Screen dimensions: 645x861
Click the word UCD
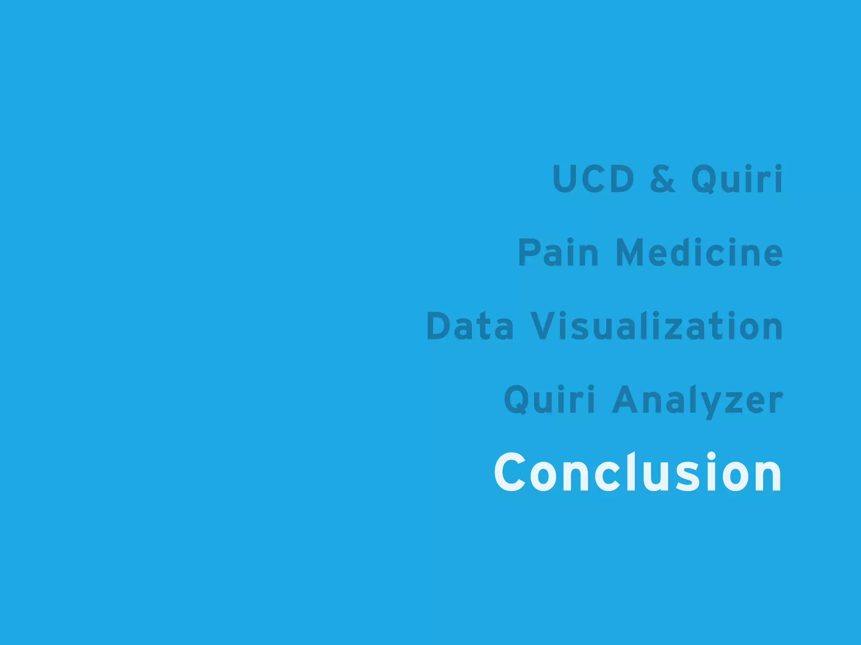tap(593, 179)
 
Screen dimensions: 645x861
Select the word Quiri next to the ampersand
tap(737, 179)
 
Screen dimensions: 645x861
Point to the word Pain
tap(558, 252)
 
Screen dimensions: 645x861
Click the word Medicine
tap(699, 252)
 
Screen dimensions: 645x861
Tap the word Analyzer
tap(697, 400)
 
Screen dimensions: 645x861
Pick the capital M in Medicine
tap(633, 252)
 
